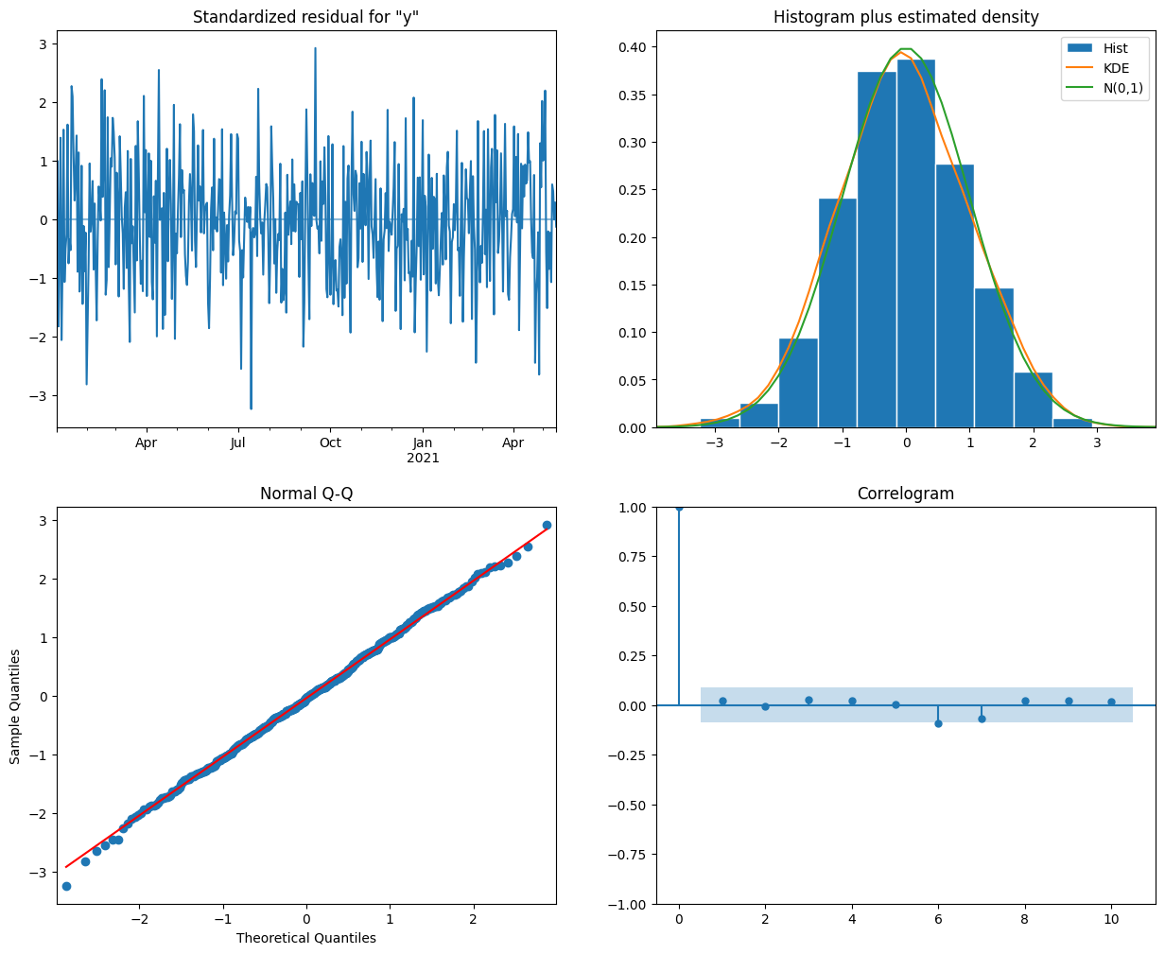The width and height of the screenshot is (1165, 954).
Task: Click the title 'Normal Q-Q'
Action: pos(306,494)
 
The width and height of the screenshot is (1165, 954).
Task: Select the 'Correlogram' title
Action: pos(905,494)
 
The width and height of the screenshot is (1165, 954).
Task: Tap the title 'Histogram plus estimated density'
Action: pos(905,17)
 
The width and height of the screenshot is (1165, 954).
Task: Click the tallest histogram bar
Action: pos(915,244)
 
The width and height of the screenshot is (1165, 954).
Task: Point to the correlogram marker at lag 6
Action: pos(938,723)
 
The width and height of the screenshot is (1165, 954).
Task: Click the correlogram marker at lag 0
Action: pos(679,508)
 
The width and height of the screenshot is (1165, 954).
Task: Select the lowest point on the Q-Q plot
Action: pos(66,886)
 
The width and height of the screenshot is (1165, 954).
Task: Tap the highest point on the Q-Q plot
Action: pos(547,525)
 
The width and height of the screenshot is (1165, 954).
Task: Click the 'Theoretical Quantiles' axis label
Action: pos(306,938)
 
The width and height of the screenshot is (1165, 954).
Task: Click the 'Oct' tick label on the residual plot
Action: pos(330,442)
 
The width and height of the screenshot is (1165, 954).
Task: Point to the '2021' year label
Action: pos(423,459)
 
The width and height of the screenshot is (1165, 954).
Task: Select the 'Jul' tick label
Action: pos(237,442)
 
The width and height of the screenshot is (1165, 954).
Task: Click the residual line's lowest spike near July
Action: pos(251,408)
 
